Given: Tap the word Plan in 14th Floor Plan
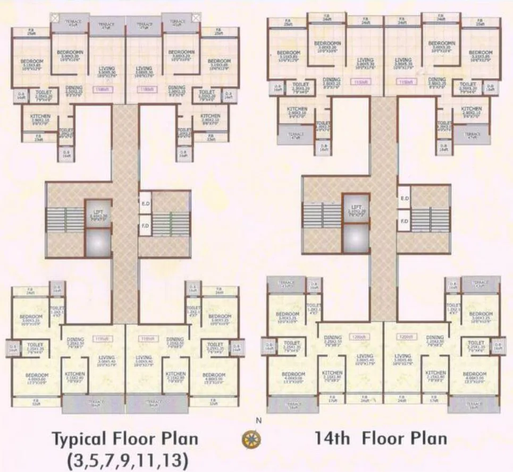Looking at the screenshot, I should coord(425,439).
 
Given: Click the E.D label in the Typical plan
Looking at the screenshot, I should coord(145,203).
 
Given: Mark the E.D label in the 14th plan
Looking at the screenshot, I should coord(404,199).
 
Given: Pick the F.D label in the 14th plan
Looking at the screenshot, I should coord(404,220).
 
